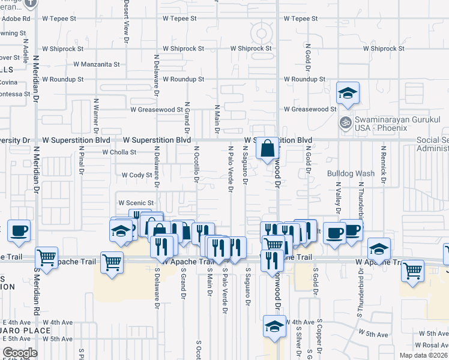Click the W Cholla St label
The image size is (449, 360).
(119, 152)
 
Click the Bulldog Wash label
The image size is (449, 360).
(351, 173)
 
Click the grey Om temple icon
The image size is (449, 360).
(345, 123)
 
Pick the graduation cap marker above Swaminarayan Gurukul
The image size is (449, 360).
(348, 94)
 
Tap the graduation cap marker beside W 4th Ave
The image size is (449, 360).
(274, 327)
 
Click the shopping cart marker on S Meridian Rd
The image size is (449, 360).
(46, 258)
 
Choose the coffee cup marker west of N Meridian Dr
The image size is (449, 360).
(18, 230)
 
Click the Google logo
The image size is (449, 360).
(20, 353)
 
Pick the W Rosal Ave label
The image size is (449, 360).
(432, 345)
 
